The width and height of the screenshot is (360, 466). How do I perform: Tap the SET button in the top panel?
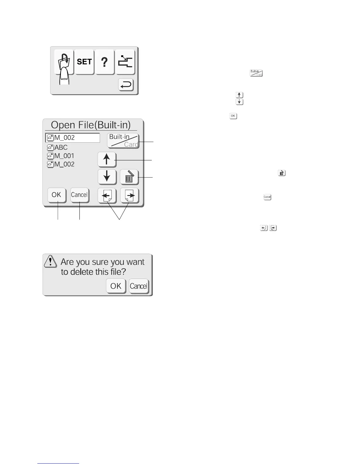84,62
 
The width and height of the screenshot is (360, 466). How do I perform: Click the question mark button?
104,62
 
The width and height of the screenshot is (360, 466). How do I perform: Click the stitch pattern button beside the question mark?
125,62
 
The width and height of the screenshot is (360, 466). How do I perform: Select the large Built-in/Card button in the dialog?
123,141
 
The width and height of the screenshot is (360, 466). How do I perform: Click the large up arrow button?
107,160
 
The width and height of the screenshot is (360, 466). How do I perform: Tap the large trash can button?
129,177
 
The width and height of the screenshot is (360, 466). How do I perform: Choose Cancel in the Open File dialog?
79,195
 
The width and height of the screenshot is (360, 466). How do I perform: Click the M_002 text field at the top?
73,138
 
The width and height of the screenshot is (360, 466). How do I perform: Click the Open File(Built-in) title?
91,125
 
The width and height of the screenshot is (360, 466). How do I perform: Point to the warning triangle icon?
51,261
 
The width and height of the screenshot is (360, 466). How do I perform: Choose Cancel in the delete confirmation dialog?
139,286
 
